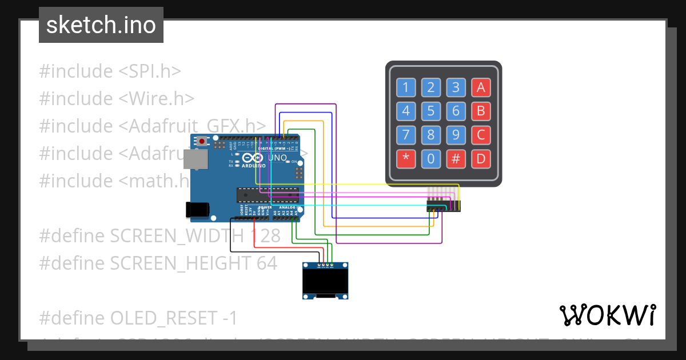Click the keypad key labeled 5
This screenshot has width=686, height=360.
431,111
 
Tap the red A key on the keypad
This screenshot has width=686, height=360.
481,87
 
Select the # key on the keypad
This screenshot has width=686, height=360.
456,159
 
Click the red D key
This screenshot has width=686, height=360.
481,159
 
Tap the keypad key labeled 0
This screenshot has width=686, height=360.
431,159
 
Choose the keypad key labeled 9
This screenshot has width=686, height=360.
456,135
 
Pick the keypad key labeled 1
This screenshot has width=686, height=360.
406,87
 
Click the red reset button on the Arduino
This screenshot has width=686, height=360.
202,141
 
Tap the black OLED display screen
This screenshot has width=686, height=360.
326,281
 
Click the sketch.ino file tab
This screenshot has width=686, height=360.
101,25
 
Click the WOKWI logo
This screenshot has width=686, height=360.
607,315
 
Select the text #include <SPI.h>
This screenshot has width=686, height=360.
110,71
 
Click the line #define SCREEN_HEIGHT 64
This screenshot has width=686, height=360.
158,263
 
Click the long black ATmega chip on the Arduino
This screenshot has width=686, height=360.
268,195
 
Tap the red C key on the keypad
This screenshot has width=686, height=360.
481,135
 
